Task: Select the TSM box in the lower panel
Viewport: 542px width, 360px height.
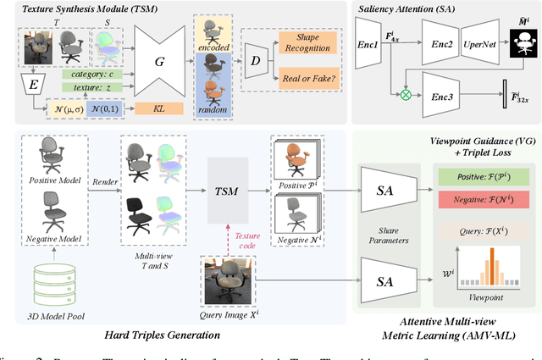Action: (225, 192)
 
